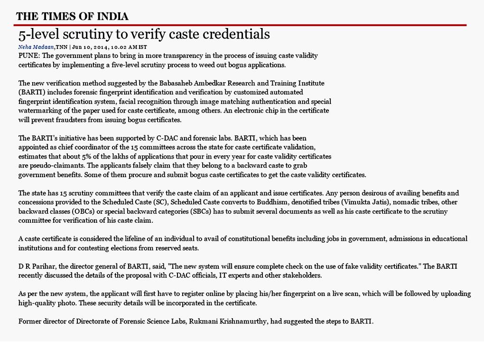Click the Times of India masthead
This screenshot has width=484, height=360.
tap(72, 17)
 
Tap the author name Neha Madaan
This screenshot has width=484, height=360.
tap(36, 47)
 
